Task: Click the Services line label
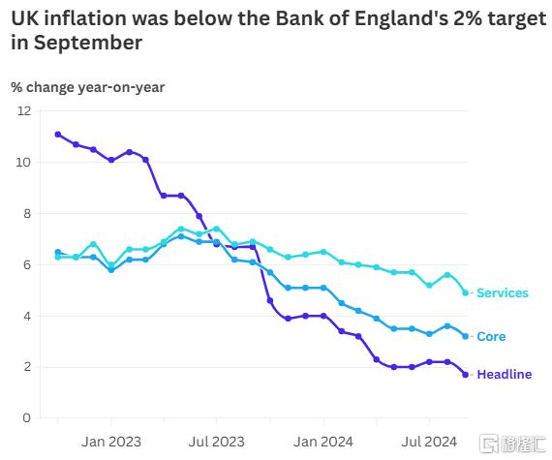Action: pos(503,292)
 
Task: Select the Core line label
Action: pos(491,336)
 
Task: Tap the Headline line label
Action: pos(505,374)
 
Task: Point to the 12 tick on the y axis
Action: pos(24,111)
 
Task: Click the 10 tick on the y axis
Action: pos(24,163)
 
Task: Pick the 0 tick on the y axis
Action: pos(27,418)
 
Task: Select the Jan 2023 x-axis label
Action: pos(111,442)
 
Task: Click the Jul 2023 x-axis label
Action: pos(217,442)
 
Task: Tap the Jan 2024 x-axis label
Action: pos(323,442)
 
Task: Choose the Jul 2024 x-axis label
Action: pos(429,442)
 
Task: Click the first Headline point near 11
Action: pos(58,135)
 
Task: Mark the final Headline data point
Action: pos(466,375)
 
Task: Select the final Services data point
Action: pos(466,292)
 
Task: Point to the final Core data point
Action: pos(466,336)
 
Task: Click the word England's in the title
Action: pos(401,19)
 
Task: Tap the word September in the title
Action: pos(88,43)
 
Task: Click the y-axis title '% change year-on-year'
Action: pos(88,87)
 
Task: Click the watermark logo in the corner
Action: pos(513,444)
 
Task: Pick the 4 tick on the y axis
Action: pos(27,316)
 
